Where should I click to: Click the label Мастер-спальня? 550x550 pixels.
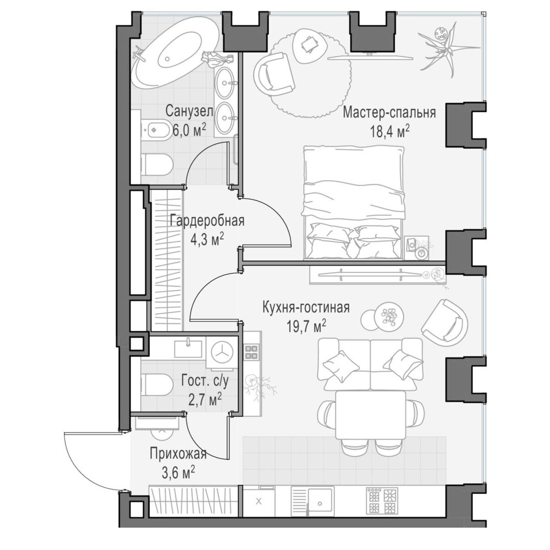[389, 112]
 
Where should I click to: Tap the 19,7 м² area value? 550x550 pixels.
[307, 326]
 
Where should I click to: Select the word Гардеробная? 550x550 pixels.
[207, 220]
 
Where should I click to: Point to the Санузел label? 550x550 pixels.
[189, 111]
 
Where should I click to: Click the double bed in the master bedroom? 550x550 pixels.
[354, 203]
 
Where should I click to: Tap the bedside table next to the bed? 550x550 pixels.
[417, 247]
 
